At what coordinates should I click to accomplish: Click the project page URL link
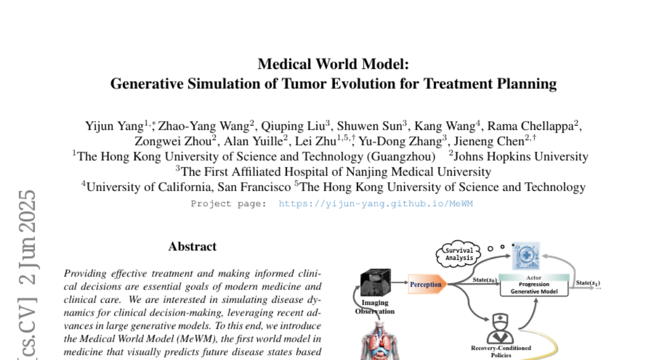(x=375, y=204)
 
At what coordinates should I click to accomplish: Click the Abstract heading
(x=192, y=246)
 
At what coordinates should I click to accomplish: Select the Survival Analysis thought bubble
(x=459, y=253)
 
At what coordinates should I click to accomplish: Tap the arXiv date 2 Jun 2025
(x=27, y=237)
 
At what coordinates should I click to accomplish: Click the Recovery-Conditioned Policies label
(x=501, y=351)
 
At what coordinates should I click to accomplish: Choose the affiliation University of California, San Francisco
(x=188, y=187)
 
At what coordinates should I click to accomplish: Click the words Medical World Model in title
(x=333, y=64)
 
